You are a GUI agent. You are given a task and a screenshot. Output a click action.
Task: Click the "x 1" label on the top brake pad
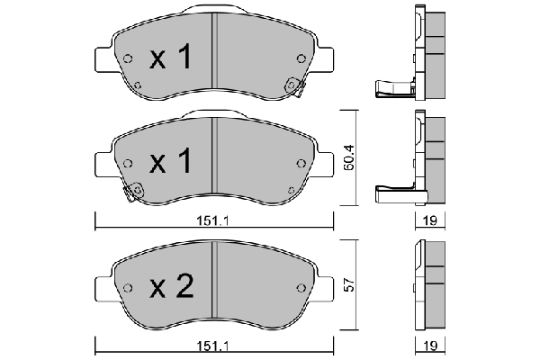coord(170,59)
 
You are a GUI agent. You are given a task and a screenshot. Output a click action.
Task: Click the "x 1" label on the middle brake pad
coord(170,163)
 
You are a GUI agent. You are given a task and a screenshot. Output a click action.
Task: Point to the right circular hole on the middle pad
coord(299,163)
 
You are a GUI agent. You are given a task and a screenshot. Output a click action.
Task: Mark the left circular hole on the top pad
coord(128,60)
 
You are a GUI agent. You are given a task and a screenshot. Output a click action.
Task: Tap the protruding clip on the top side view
coord(392,87)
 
